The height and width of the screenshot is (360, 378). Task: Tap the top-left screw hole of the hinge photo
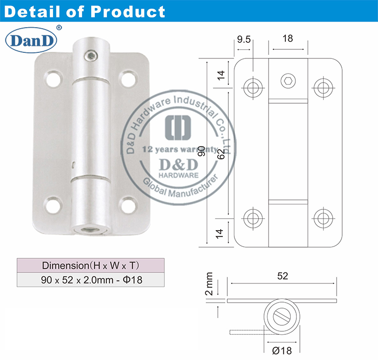click(52, 79)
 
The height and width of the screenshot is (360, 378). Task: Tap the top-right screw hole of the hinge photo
click(128, 79)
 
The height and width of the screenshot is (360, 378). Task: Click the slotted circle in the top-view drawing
click(283, 317)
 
